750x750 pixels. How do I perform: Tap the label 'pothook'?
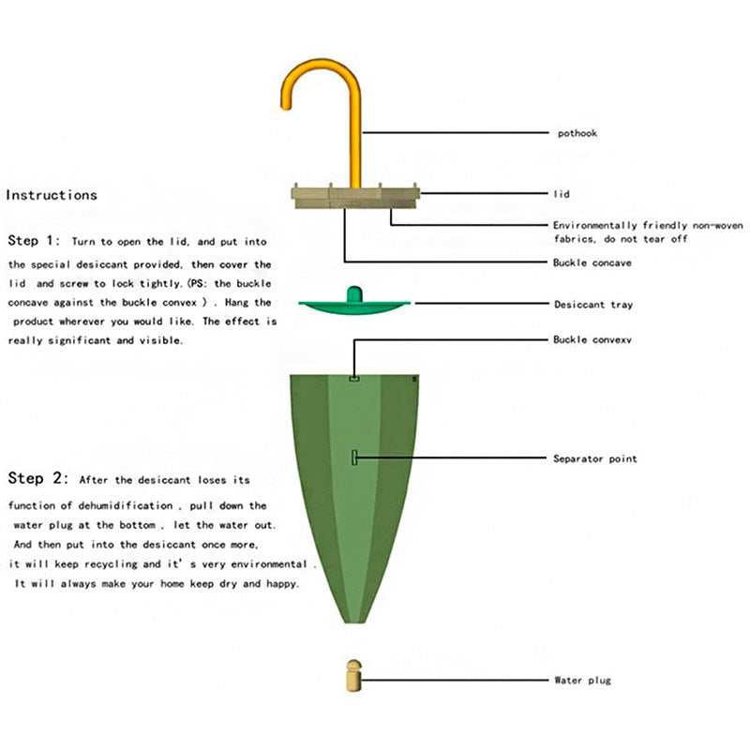pos(577,133)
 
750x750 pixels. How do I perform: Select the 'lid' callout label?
pos(562,194)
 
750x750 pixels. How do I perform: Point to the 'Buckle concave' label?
pos(592,262)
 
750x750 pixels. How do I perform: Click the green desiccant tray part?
pos(354,303)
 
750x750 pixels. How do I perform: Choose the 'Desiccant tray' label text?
pos(593,305)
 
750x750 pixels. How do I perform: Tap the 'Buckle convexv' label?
pos(592,339)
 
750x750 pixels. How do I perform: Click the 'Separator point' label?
pos(595,458)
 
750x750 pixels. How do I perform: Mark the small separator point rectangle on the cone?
pos(354,457)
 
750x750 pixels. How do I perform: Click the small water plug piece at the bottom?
pos(354,675)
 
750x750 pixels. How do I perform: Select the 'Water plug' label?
pos(582,681)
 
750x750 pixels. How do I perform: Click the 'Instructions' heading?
pos(52,195)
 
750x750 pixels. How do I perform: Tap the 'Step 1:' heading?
pos(34,240)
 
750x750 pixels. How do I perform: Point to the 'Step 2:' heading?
pos(38,478)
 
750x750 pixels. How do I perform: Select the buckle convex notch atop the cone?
pos(354,379)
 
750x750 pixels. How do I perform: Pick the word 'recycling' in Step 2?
pos(111,564)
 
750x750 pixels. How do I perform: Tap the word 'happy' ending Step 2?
pos(282,584)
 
